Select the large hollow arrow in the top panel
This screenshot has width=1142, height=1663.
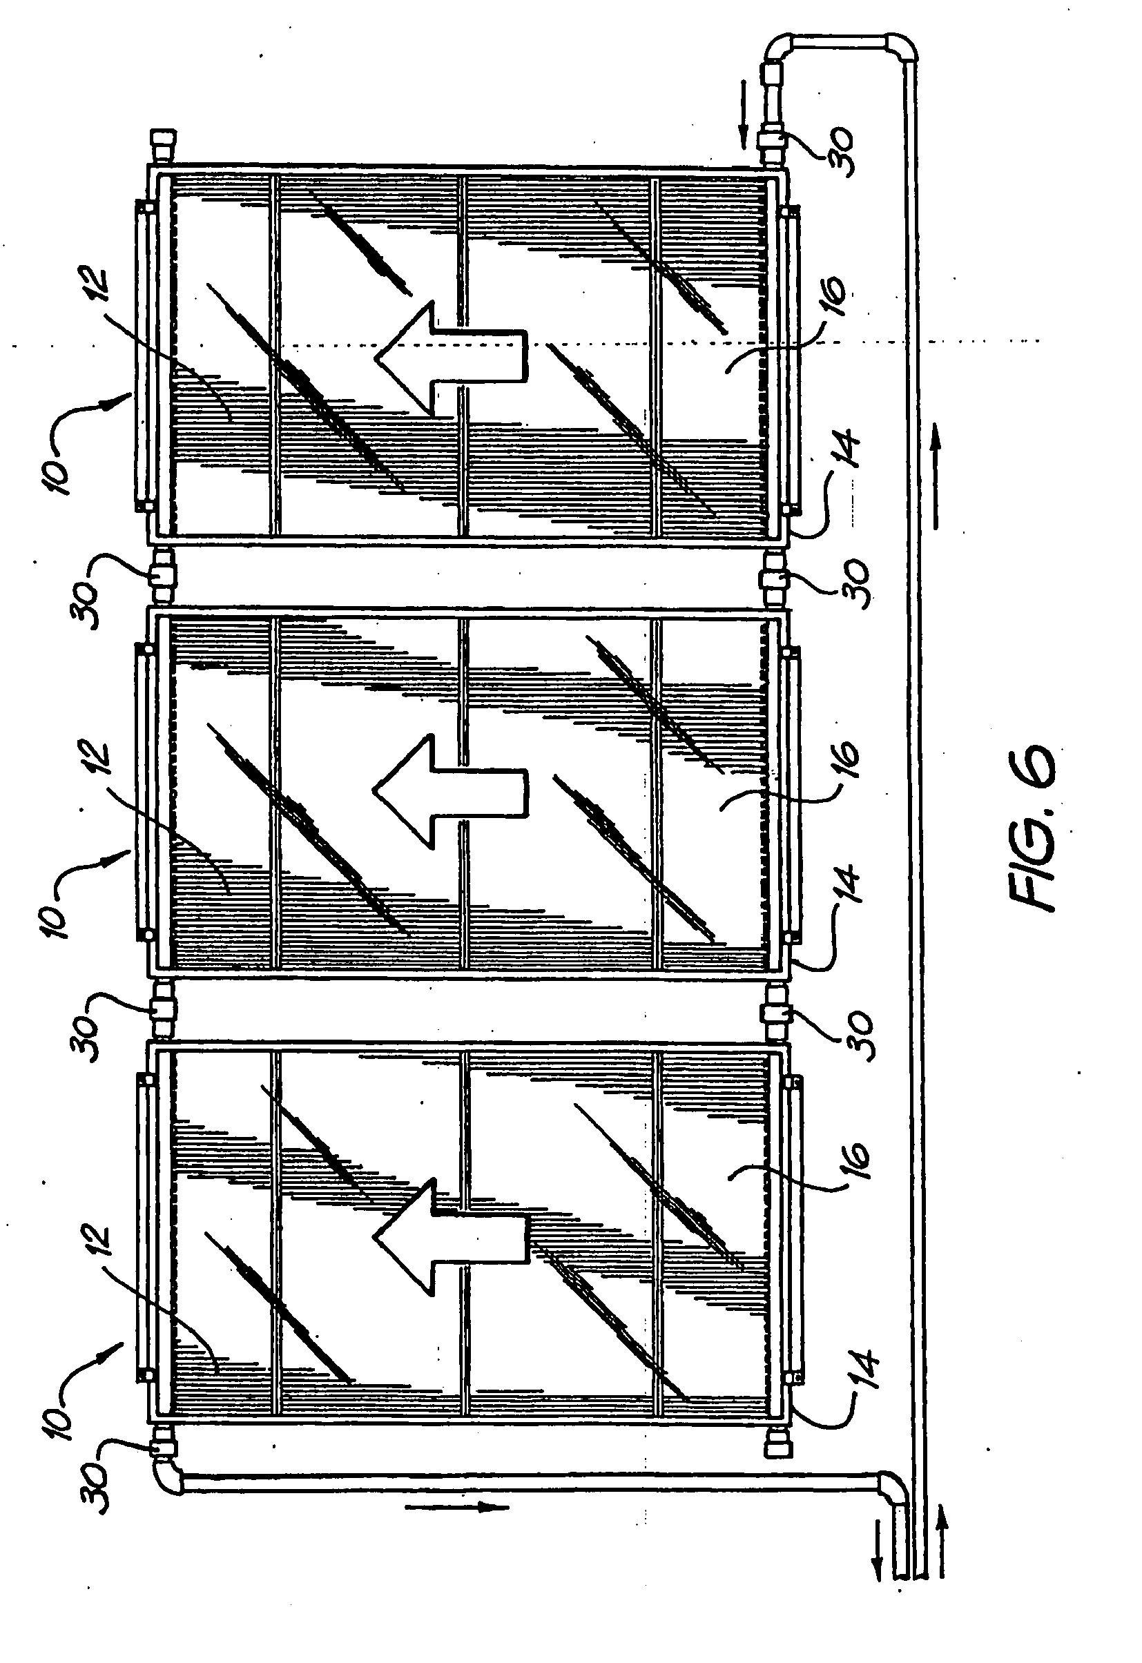[x=451, y=358]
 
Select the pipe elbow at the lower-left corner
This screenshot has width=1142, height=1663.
[x=170, y=1475]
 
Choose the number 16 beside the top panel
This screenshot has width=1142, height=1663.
[x=831, y=300]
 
